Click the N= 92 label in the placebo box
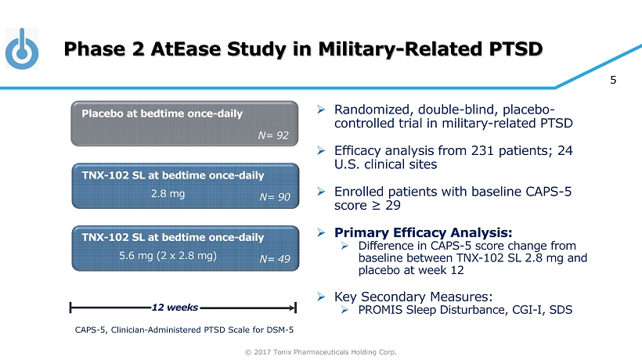click(x=274, y=135)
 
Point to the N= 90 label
click(x=275, y=197)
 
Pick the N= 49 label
click(x=275, y=258)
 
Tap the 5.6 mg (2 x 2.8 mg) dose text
click(x=168, y=255)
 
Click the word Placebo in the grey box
click(x=103, y=113)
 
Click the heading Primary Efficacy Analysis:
click(x=424, y=232)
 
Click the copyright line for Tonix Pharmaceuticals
click(x=322, y=351)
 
